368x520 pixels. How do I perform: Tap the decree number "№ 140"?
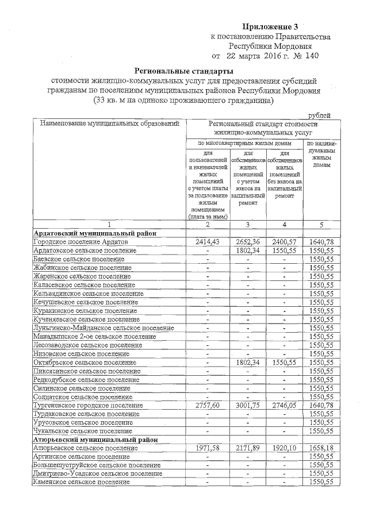tap(304, 56)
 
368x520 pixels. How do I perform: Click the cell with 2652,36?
tap(248, 242)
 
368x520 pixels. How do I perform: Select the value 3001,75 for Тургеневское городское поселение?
tap(248, 405)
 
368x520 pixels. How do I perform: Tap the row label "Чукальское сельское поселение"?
tap(79, 430)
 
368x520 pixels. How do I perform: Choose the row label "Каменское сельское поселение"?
tap(80, 482)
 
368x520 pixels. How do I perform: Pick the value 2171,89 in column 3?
tap(248, 447)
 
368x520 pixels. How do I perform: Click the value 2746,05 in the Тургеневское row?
tap(284, 405)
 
